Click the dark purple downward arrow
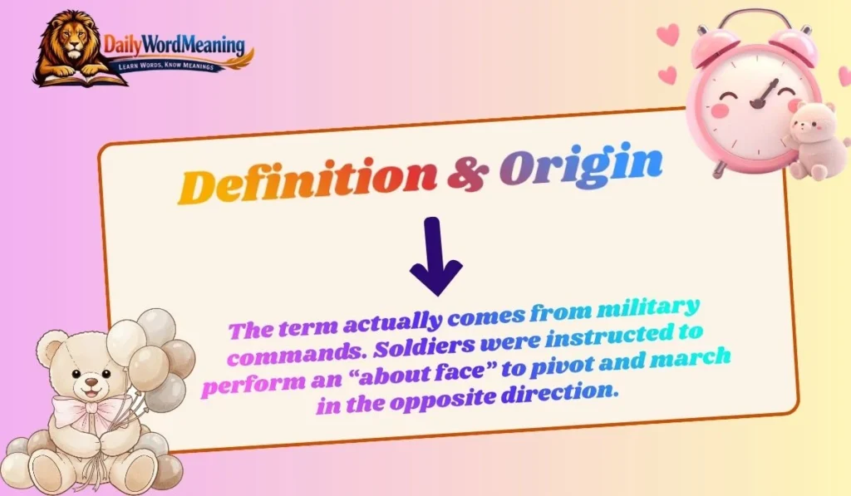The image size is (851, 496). click(x=435, y=257)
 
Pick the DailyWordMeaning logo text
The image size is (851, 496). click(x=175, y=44)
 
